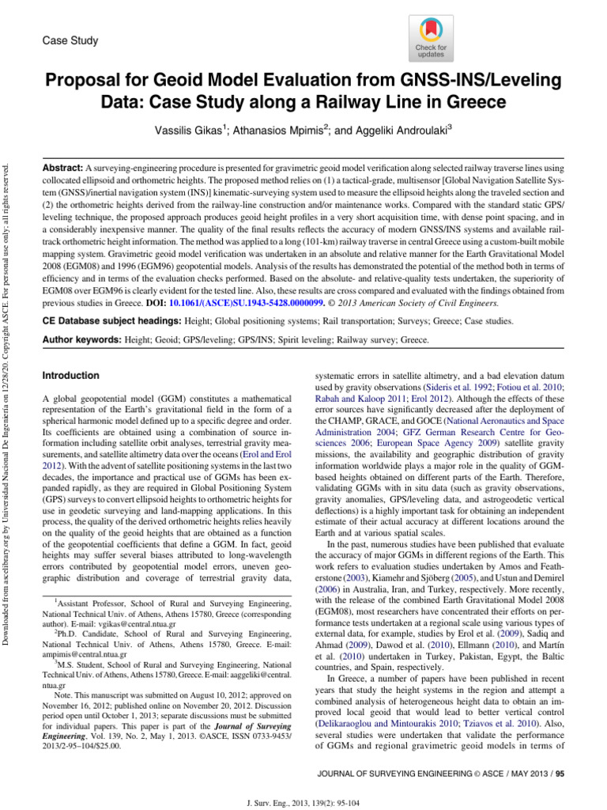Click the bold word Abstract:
pyautogui.click(x=62, y=168)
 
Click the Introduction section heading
pyautogui.click(x=71, y=376)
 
